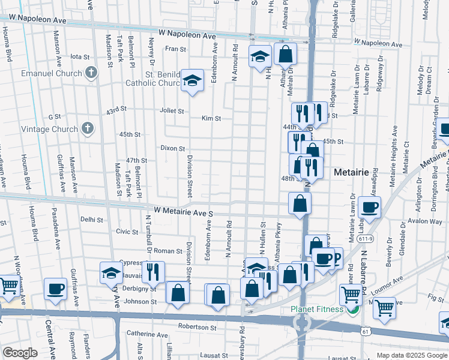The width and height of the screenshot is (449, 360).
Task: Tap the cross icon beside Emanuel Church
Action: (x=91, y=73)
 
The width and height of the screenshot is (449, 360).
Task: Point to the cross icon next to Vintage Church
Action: (x=88, y=128)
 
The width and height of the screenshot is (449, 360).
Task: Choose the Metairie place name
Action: (x=350, y=172)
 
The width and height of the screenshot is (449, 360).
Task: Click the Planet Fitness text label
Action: (x=318, y=309)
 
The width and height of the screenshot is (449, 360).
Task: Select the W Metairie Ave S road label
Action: (x=184, y=212)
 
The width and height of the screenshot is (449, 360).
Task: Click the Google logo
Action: (x=20, y=353)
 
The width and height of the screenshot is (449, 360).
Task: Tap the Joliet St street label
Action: (x=172, y=111)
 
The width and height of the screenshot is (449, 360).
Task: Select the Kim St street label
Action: (x=211, y=118)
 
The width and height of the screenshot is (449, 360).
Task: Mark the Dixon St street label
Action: (x=172, y=148)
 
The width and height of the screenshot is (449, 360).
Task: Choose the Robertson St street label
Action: (x=197, y=328)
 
